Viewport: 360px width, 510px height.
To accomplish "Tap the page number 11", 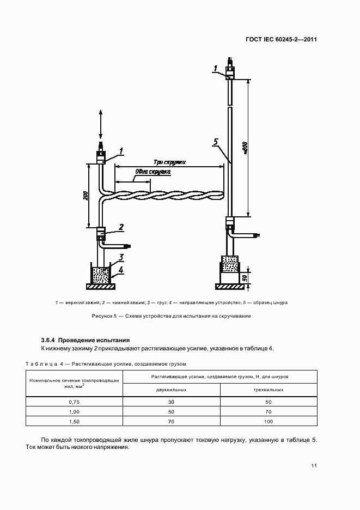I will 314,465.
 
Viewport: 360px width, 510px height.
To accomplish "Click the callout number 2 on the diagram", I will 121,227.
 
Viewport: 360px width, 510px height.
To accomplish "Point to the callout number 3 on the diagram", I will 121,257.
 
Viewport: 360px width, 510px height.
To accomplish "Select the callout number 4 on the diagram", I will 121,270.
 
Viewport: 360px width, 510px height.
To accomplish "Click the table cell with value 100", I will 269,422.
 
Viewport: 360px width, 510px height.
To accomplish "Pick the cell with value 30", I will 171,402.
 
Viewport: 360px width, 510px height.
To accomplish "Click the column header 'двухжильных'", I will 171,390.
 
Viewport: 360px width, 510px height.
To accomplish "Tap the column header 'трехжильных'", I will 269,390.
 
